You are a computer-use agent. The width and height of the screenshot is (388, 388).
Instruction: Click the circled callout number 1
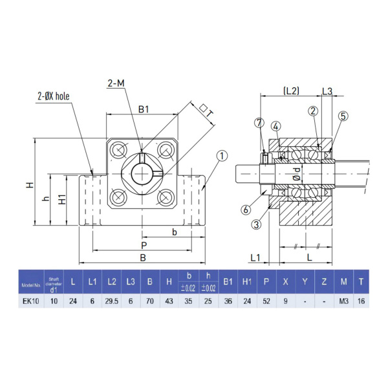(222, 156)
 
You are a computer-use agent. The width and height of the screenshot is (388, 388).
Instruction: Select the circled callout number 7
(259, 122)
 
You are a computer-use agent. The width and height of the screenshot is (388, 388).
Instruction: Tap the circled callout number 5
(343, 116)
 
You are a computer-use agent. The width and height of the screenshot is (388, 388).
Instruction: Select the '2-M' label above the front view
(117, 83)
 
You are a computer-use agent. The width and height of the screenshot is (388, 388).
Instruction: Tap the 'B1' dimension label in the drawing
(144, 110)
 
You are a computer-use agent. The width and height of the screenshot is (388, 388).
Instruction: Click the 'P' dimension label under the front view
(143, 246)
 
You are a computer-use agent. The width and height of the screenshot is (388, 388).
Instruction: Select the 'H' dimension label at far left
(29, 185)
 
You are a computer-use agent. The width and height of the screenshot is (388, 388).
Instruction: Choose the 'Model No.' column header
(30, 284)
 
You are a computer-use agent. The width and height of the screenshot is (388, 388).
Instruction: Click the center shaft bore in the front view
(142, 173)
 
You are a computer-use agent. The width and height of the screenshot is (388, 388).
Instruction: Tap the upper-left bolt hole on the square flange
(120, 150)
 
